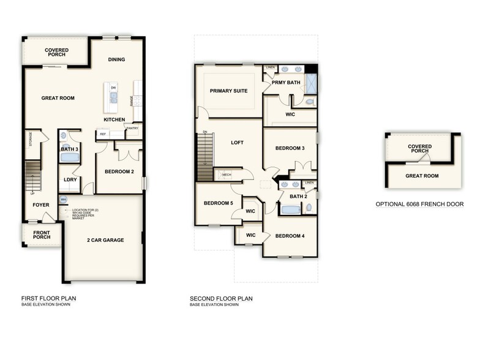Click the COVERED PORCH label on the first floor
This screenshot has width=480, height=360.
pos(56,53)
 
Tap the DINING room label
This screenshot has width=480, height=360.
pos(116,59)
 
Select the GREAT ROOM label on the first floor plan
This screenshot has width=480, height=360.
pos(58,98)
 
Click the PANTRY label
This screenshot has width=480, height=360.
pos(132,128)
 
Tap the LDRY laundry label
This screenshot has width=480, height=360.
pos(70,179)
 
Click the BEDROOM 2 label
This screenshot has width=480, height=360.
pos(119,171)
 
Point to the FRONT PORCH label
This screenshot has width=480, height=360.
pos(42,234)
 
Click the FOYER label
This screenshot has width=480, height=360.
pos(41,205)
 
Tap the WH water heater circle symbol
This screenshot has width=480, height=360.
pos(63,200)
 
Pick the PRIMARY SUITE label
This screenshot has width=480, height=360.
pos(228,91)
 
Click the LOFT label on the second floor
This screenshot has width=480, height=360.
pos(237,143)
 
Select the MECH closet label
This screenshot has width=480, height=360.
pos(227,174)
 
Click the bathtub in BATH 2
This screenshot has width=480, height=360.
pos(291,210)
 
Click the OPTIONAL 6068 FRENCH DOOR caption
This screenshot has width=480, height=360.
pos(419,204)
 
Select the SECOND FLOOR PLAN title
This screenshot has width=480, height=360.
pos(221,299)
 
